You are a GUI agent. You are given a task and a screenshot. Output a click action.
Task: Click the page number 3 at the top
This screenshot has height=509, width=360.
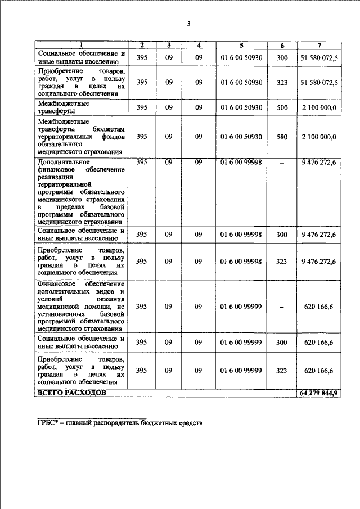(x=190, y=24)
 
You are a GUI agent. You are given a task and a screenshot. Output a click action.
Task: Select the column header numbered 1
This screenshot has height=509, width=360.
(x=82, y=45)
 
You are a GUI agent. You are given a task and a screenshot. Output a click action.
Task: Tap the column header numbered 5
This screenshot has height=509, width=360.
(x=241, y=45)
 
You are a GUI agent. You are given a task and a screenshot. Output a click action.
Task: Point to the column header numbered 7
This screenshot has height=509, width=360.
(x=319, y=45)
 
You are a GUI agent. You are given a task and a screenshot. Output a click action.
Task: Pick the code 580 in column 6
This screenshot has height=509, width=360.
(x=282, y=137)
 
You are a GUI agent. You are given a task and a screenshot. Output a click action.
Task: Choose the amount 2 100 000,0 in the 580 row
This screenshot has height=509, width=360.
(x=319, y=137)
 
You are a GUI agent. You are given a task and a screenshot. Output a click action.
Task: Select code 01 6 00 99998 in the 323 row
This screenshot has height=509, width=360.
(x=241, y=260)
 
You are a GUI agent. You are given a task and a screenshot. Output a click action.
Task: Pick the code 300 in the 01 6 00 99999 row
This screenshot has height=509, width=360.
(x=282, y=342)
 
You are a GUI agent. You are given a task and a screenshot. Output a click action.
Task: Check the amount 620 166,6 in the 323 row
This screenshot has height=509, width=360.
(x=319, y=370)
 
